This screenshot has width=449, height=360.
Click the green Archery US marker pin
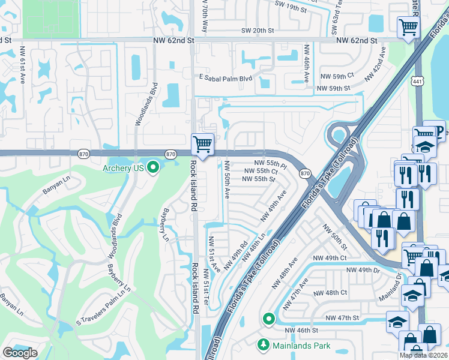(152, 167)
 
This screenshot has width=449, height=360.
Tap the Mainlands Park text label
(302, 346)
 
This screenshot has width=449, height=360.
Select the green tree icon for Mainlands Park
(262, 345)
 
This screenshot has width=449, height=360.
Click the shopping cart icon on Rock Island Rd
(203, 144)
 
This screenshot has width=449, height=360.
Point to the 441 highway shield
(418, 80)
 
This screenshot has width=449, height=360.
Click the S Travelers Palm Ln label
(103, 295)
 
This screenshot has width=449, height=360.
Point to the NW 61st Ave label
(22, 65)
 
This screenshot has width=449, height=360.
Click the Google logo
(20, 353)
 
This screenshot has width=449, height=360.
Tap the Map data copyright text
(424, 355)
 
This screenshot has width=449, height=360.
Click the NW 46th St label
(301, 330)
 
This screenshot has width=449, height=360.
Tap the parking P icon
(438, 131)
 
